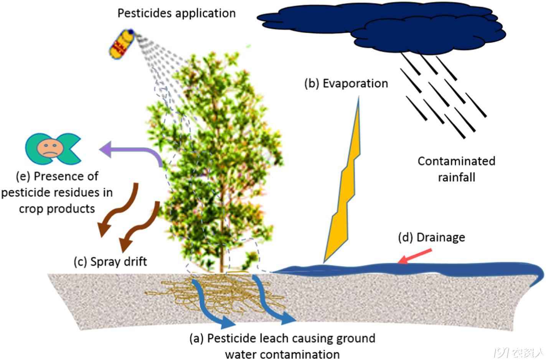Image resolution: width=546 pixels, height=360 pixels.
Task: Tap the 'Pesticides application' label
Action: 177,13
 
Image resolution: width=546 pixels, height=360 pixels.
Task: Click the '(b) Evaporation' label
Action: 346,84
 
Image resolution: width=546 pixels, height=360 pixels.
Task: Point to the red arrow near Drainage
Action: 415,256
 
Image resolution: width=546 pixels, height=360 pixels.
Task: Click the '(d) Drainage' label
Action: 432,238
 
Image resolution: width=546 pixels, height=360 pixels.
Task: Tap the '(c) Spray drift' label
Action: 110,262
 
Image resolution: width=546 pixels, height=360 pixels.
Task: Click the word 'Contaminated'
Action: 456,161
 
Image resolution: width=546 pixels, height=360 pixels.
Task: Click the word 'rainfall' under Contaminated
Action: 457,177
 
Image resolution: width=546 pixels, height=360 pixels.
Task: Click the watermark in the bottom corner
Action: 518,351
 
